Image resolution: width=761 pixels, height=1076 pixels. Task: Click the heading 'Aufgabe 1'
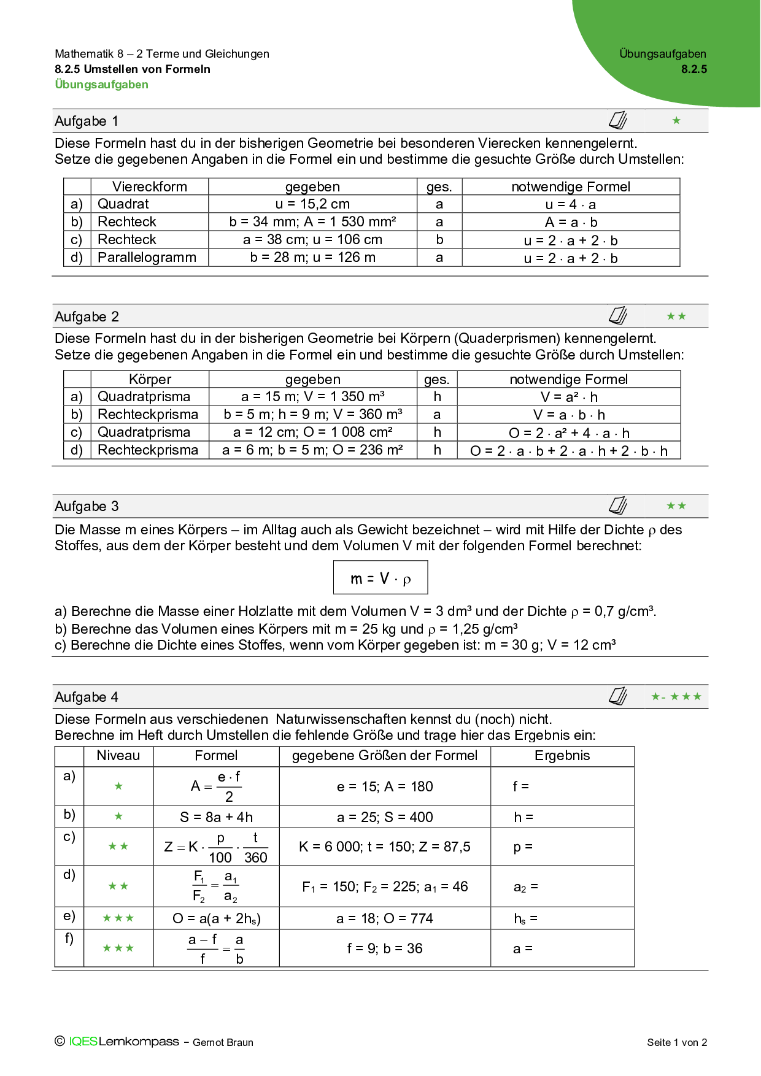[87, 121]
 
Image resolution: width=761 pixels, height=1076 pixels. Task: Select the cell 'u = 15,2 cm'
[312, 204]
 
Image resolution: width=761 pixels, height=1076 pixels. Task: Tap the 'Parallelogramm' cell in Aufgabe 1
[147, 258]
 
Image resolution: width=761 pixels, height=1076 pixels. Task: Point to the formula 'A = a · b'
[571, 222]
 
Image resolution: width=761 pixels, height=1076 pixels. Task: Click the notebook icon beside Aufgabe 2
[618, 316]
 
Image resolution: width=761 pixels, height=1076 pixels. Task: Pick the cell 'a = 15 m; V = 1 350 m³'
[312, 397]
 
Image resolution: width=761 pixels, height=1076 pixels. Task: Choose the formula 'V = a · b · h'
[569, 415]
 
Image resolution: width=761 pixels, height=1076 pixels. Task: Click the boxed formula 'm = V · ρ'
[381, 578]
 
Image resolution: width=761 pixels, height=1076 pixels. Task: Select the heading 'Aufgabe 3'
[87, 507]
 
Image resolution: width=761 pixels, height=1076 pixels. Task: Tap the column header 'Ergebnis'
[562, 756]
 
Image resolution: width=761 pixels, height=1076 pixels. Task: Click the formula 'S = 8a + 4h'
[216, 817]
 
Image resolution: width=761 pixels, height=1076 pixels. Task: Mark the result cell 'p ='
[523, 847]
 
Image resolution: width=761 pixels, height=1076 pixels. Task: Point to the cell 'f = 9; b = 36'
[385, 948]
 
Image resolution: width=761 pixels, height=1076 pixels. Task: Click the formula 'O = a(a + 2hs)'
[216, 918]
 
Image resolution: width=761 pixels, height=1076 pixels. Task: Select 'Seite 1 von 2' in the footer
[677, 1042]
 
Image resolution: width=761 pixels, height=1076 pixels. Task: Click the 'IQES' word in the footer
[83, 1042]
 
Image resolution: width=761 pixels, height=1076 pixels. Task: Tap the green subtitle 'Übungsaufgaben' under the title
[102, 85]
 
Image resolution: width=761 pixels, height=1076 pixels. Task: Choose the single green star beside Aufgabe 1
[676, 121]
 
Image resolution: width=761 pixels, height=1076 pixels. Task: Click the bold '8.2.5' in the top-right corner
[694, 69]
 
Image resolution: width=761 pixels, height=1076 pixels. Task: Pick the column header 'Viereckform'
[150, 187]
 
